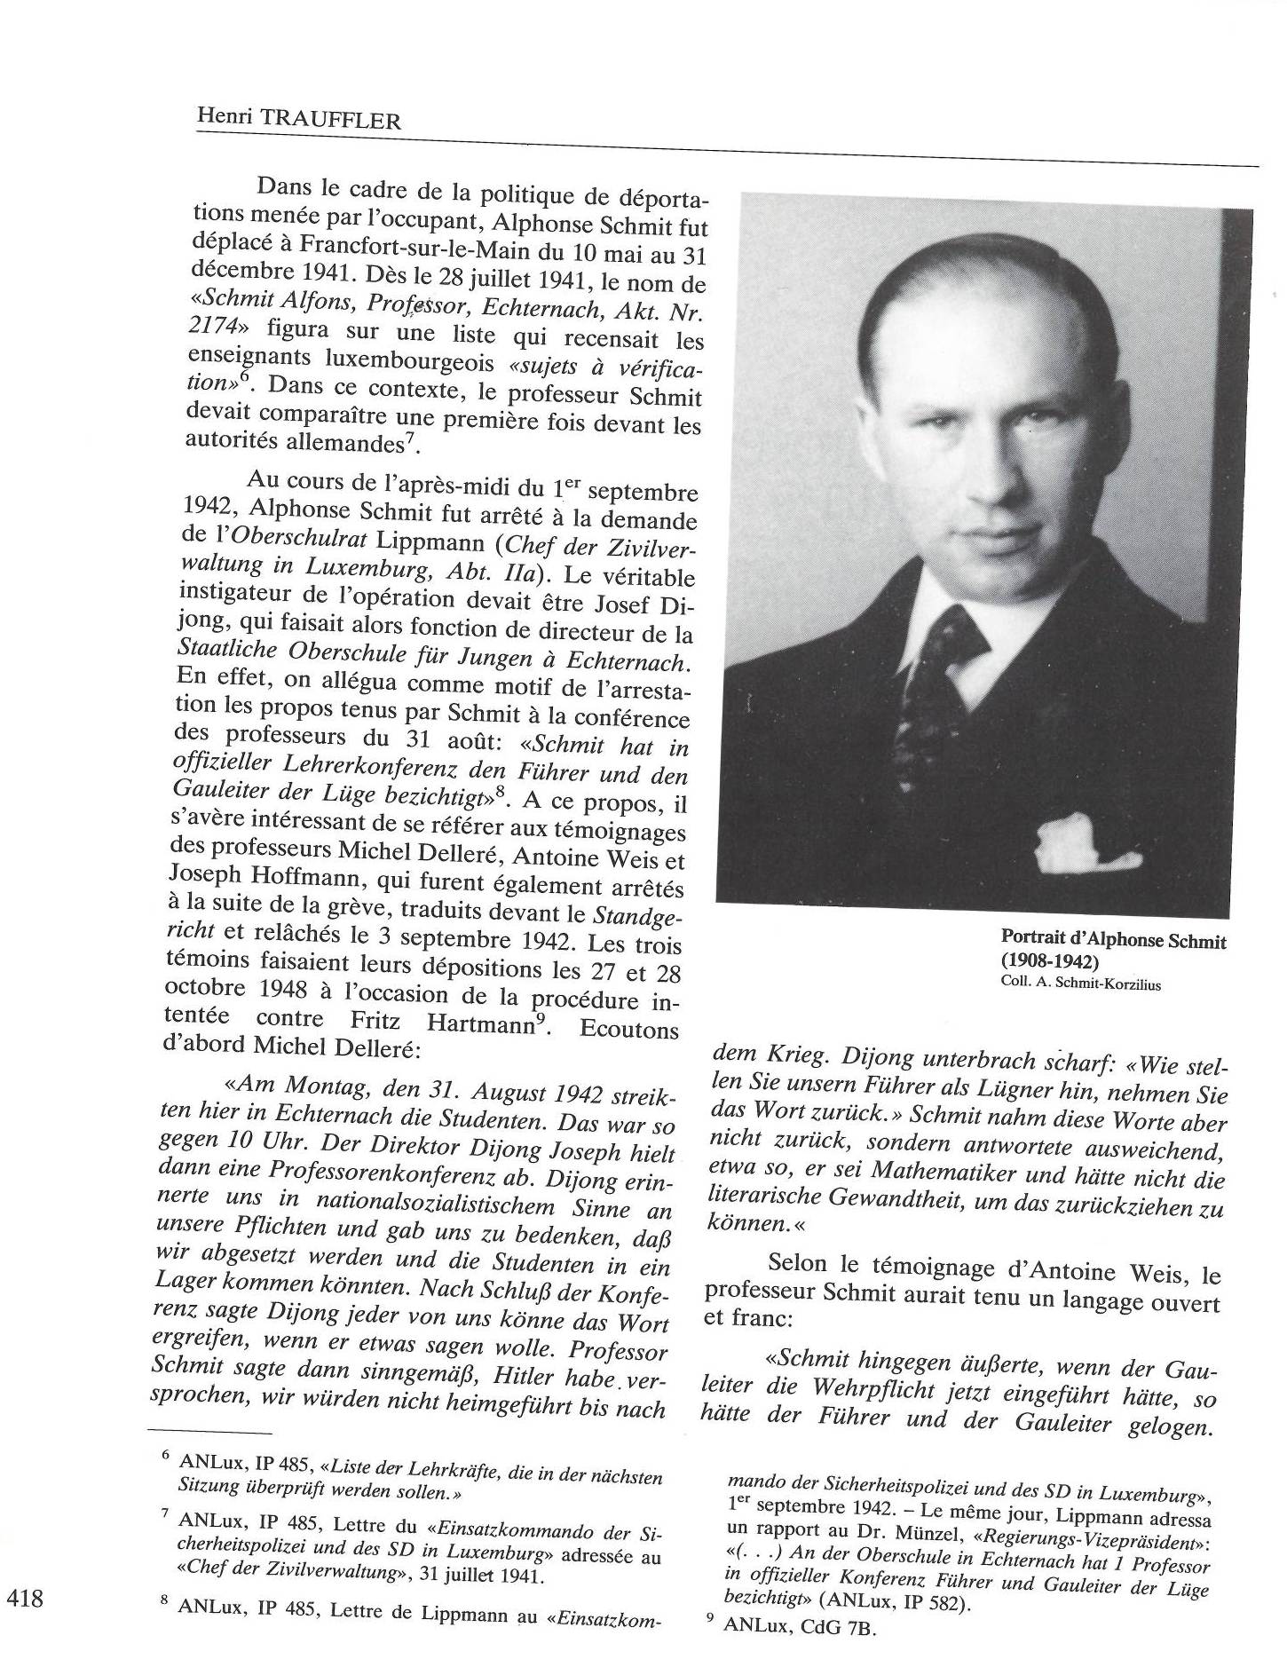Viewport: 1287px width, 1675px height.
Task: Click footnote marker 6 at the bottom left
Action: click(165, 1460)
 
